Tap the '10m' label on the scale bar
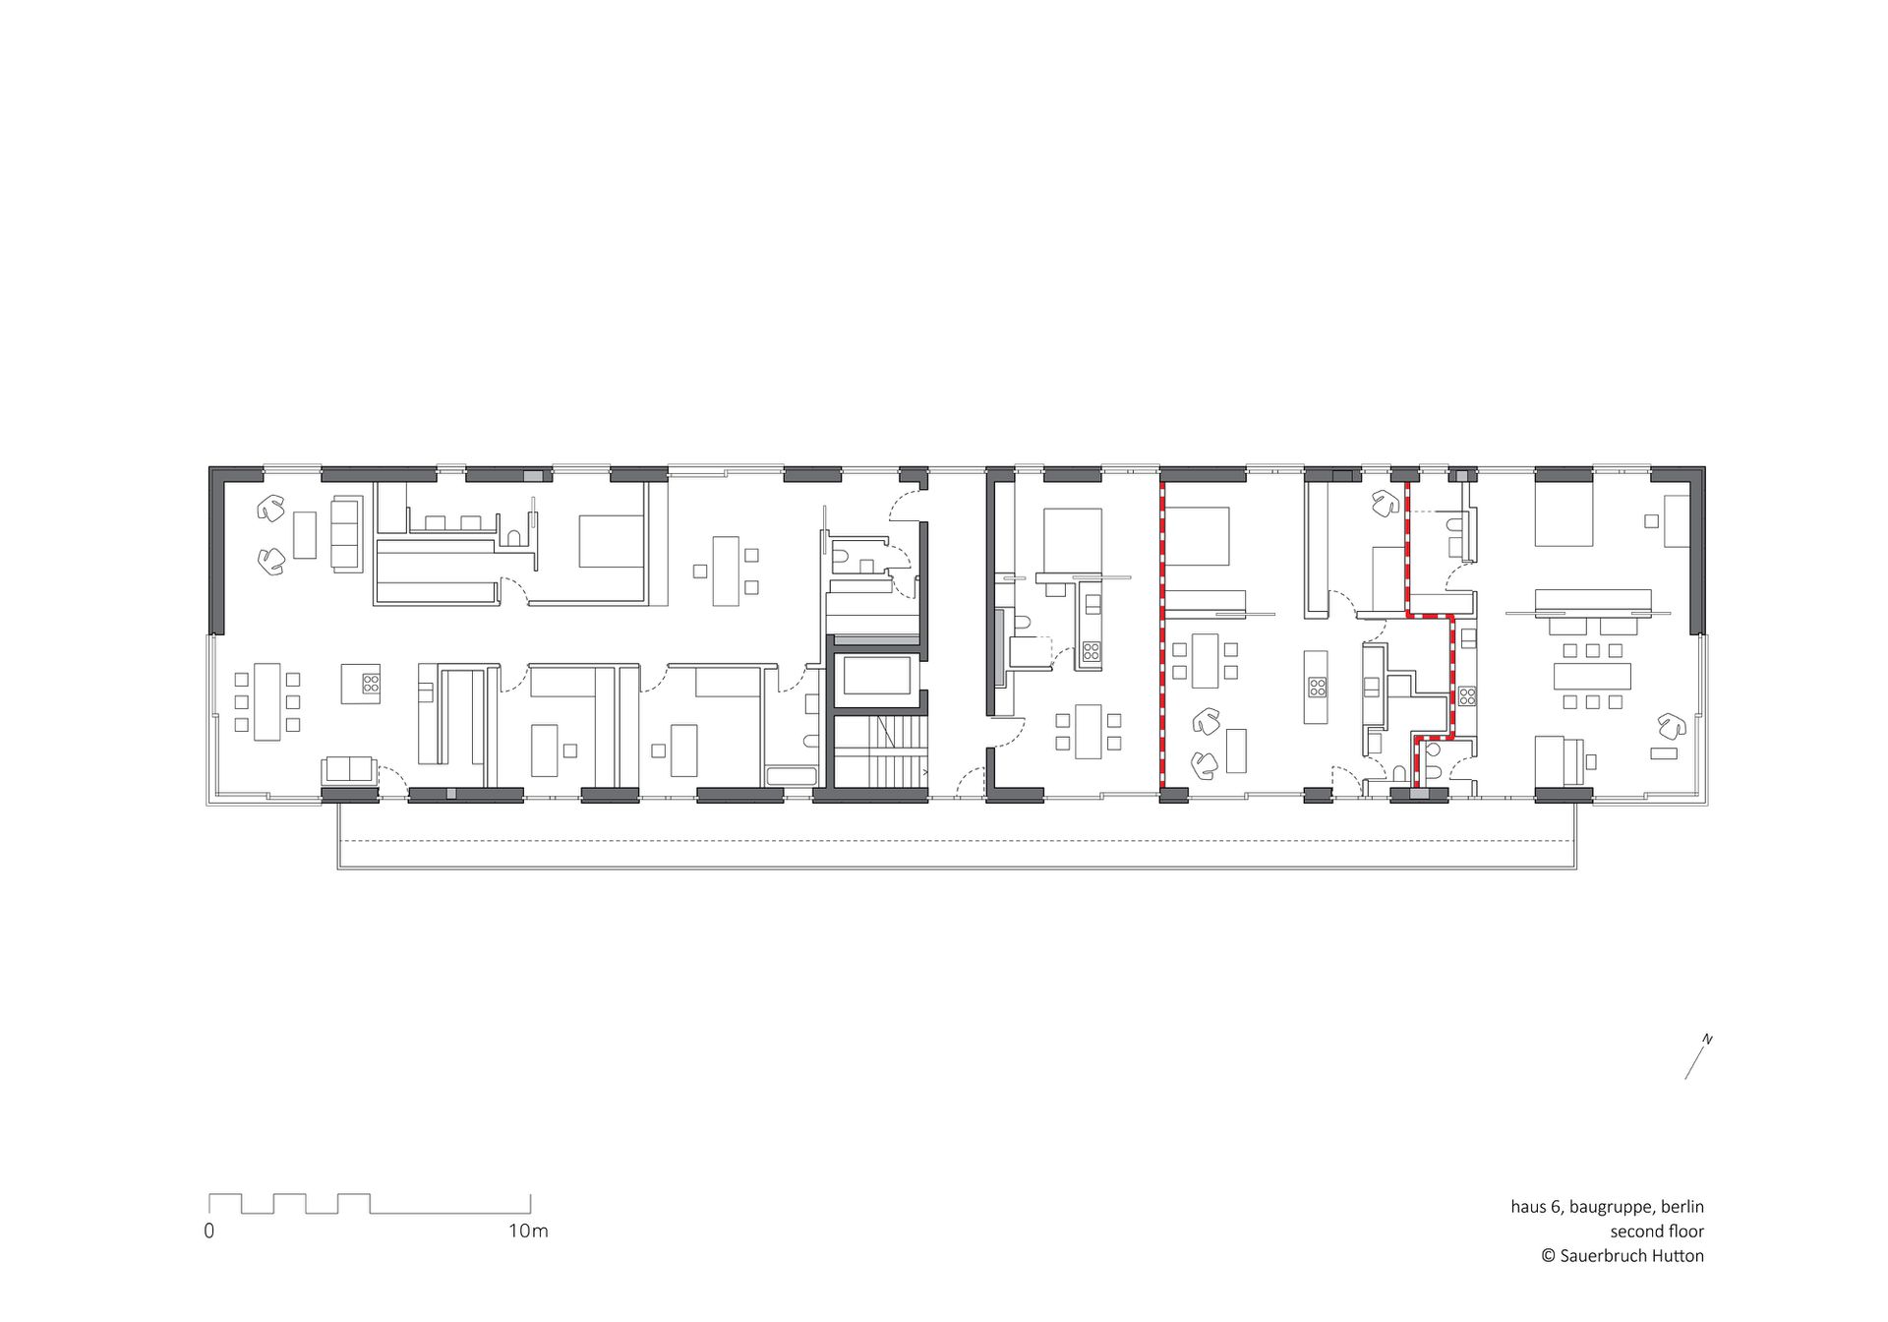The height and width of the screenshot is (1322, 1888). click(528, 1231)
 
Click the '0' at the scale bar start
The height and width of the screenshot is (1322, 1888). click(208, 1231)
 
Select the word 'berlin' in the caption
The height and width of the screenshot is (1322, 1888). click(1682, 1206)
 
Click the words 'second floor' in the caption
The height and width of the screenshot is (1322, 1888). click(1657, 1231)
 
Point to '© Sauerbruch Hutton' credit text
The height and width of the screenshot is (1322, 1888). click(1622, 1255)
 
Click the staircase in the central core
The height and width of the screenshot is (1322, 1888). click(881, 751)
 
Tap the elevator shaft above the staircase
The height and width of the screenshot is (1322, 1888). click(877, 675)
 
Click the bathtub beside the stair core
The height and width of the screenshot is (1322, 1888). click(792, 776)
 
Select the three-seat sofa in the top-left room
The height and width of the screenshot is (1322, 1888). click(347, 534)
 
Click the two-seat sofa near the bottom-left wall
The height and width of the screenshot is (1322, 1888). click(348, 771)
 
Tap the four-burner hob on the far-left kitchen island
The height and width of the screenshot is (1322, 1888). click(371, 683)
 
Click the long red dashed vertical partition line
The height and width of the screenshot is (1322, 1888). click(1161, 634)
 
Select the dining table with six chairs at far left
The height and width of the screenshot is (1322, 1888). click(266, 701)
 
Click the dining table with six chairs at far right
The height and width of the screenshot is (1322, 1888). click(1592, 676)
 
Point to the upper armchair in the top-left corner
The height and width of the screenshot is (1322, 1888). click(271, 509)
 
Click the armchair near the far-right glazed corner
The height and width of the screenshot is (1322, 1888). click(1672, 727)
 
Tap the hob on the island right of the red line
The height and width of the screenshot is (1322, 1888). click(1316, 687)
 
